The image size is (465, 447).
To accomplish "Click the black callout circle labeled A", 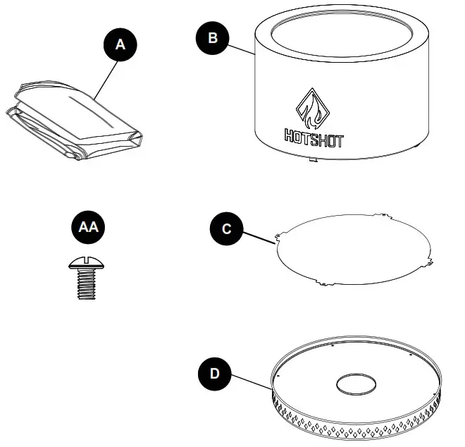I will pos(120,44).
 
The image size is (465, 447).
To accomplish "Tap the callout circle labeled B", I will pos(212,37).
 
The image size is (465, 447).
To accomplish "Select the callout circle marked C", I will pos(225,229).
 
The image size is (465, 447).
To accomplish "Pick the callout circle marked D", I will pos(216,372).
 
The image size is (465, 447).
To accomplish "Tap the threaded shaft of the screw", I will pos(85,285).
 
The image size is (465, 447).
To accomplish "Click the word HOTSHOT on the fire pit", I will pos(314,138).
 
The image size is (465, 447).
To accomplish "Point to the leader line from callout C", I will pos(259,235).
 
